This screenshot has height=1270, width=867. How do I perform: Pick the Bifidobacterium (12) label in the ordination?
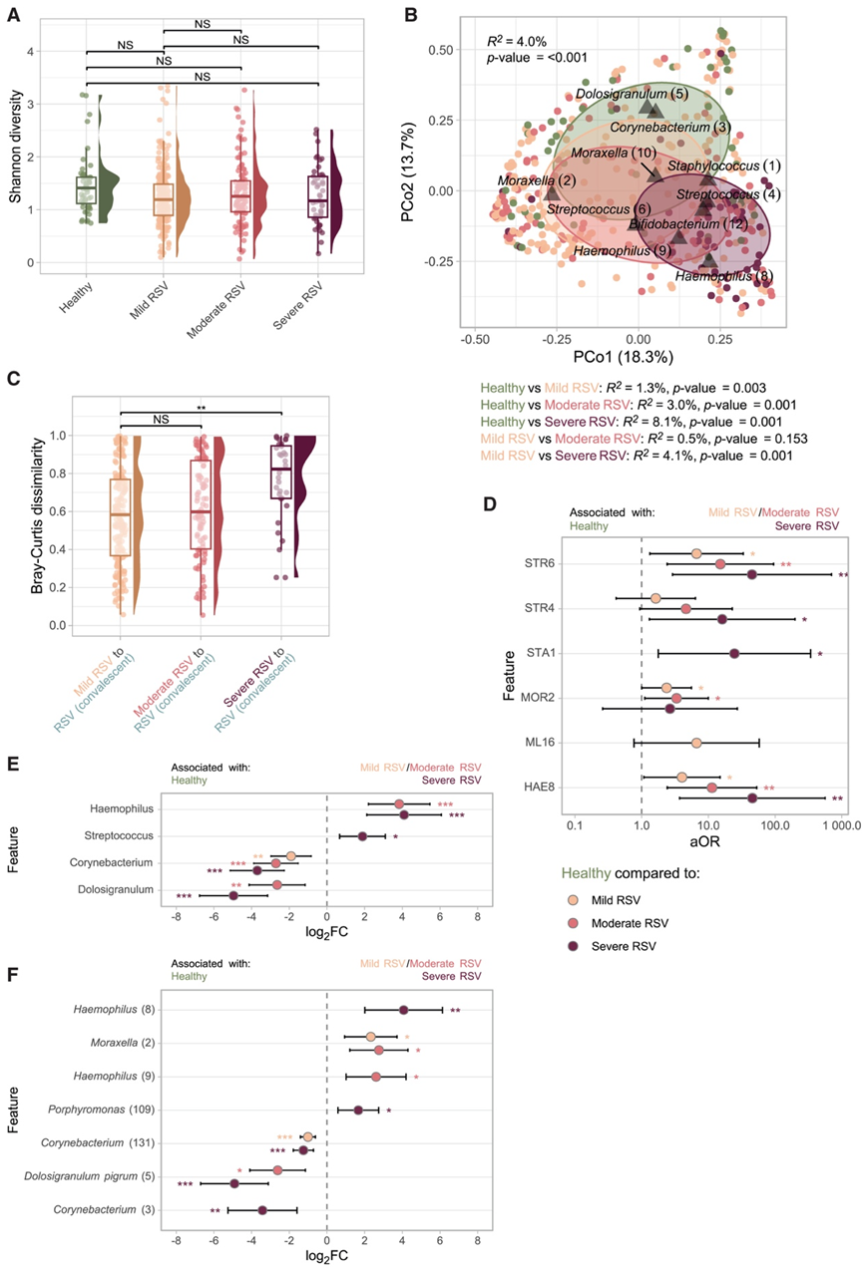coord(686,226)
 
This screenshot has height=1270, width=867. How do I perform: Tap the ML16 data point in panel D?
coord(696,743)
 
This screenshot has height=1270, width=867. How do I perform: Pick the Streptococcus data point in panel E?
coord(363,836)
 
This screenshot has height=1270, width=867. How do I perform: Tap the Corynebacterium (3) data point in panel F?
coord(262,1210)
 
